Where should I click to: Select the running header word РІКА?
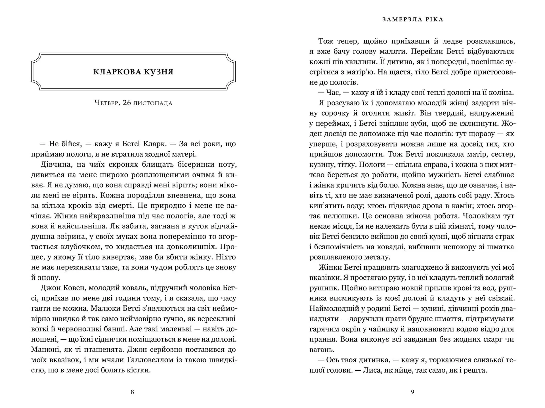pos(433,20)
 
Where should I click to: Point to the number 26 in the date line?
pos(127,103)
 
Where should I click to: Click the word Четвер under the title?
pos(106,103)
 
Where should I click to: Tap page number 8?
pos(132,392)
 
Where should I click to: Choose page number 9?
pos(412,392)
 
